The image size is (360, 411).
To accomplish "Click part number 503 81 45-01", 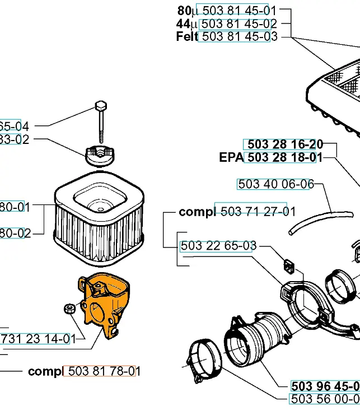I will [239, 11].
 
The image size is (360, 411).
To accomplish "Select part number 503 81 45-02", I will [239, 24].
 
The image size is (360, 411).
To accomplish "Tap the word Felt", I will [186, 36].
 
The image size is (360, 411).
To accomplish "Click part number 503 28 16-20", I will [284, 144].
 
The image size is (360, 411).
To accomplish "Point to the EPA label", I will [231, 157].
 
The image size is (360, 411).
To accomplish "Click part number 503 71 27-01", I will [258, 212].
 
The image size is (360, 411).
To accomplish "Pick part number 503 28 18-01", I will [284, 157].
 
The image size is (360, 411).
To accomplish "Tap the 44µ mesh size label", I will [186, 24].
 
